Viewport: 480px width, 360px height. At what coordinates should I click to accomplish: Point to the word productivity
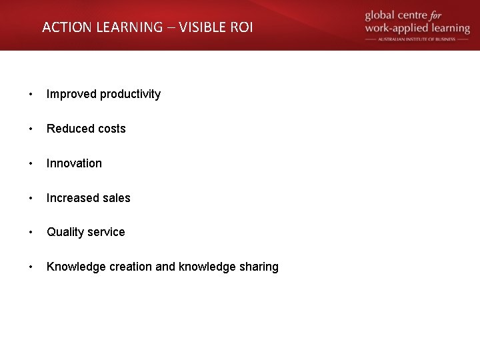pyautogui.click(x=130, y=95)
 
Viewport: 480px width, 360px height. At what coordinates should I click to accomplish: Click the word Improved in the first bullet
pyautogui.click(x=71, y=94)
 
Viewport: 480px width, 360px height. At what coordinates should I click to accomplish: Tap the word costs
pyautogui.click(x=111, y=129)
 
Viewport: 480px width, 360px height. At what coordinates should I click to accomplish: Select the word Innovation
pyautogui.click(x=74, y=163)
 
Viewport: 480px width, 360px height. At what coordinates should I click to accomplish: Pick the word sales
pyautogui.click(x=116, y=198)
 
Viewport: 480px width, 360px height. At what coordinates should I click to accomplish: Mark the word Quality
pyautogui.click(x=65, y=233)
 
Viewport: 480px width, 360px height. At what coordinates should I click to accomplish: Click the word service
pyautogui.click(x=107, y=232)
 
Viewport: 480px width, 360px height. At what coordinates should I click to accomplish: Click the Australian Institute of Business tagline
pyautogui.click(x=417, y=39)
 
